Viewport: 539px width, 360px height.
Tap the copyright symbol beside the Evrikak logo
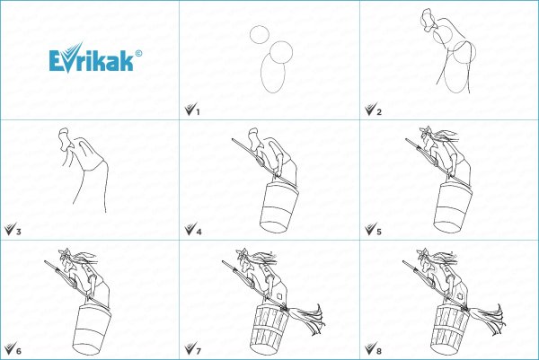(138, 54)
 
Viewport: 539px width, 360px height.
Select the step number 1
(198, 112)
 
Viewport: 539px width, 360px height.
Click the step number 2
(379, 112)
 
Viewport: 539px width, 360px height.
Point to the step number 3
(19, 232)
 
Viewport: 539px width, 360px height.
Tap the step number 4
(199, 232)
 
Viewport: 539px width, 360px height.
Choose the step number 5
(379, 232)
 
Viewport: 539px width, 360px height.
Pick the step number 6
(19, 351)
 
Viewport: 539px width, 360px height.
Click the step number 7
(199, 351)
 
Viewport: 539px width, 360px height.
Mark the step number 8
(379, 351)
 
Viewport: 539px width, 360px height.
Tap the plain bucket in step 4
(278, 207)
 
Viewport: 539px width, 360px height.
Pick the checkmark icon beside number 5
(370, 230)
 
